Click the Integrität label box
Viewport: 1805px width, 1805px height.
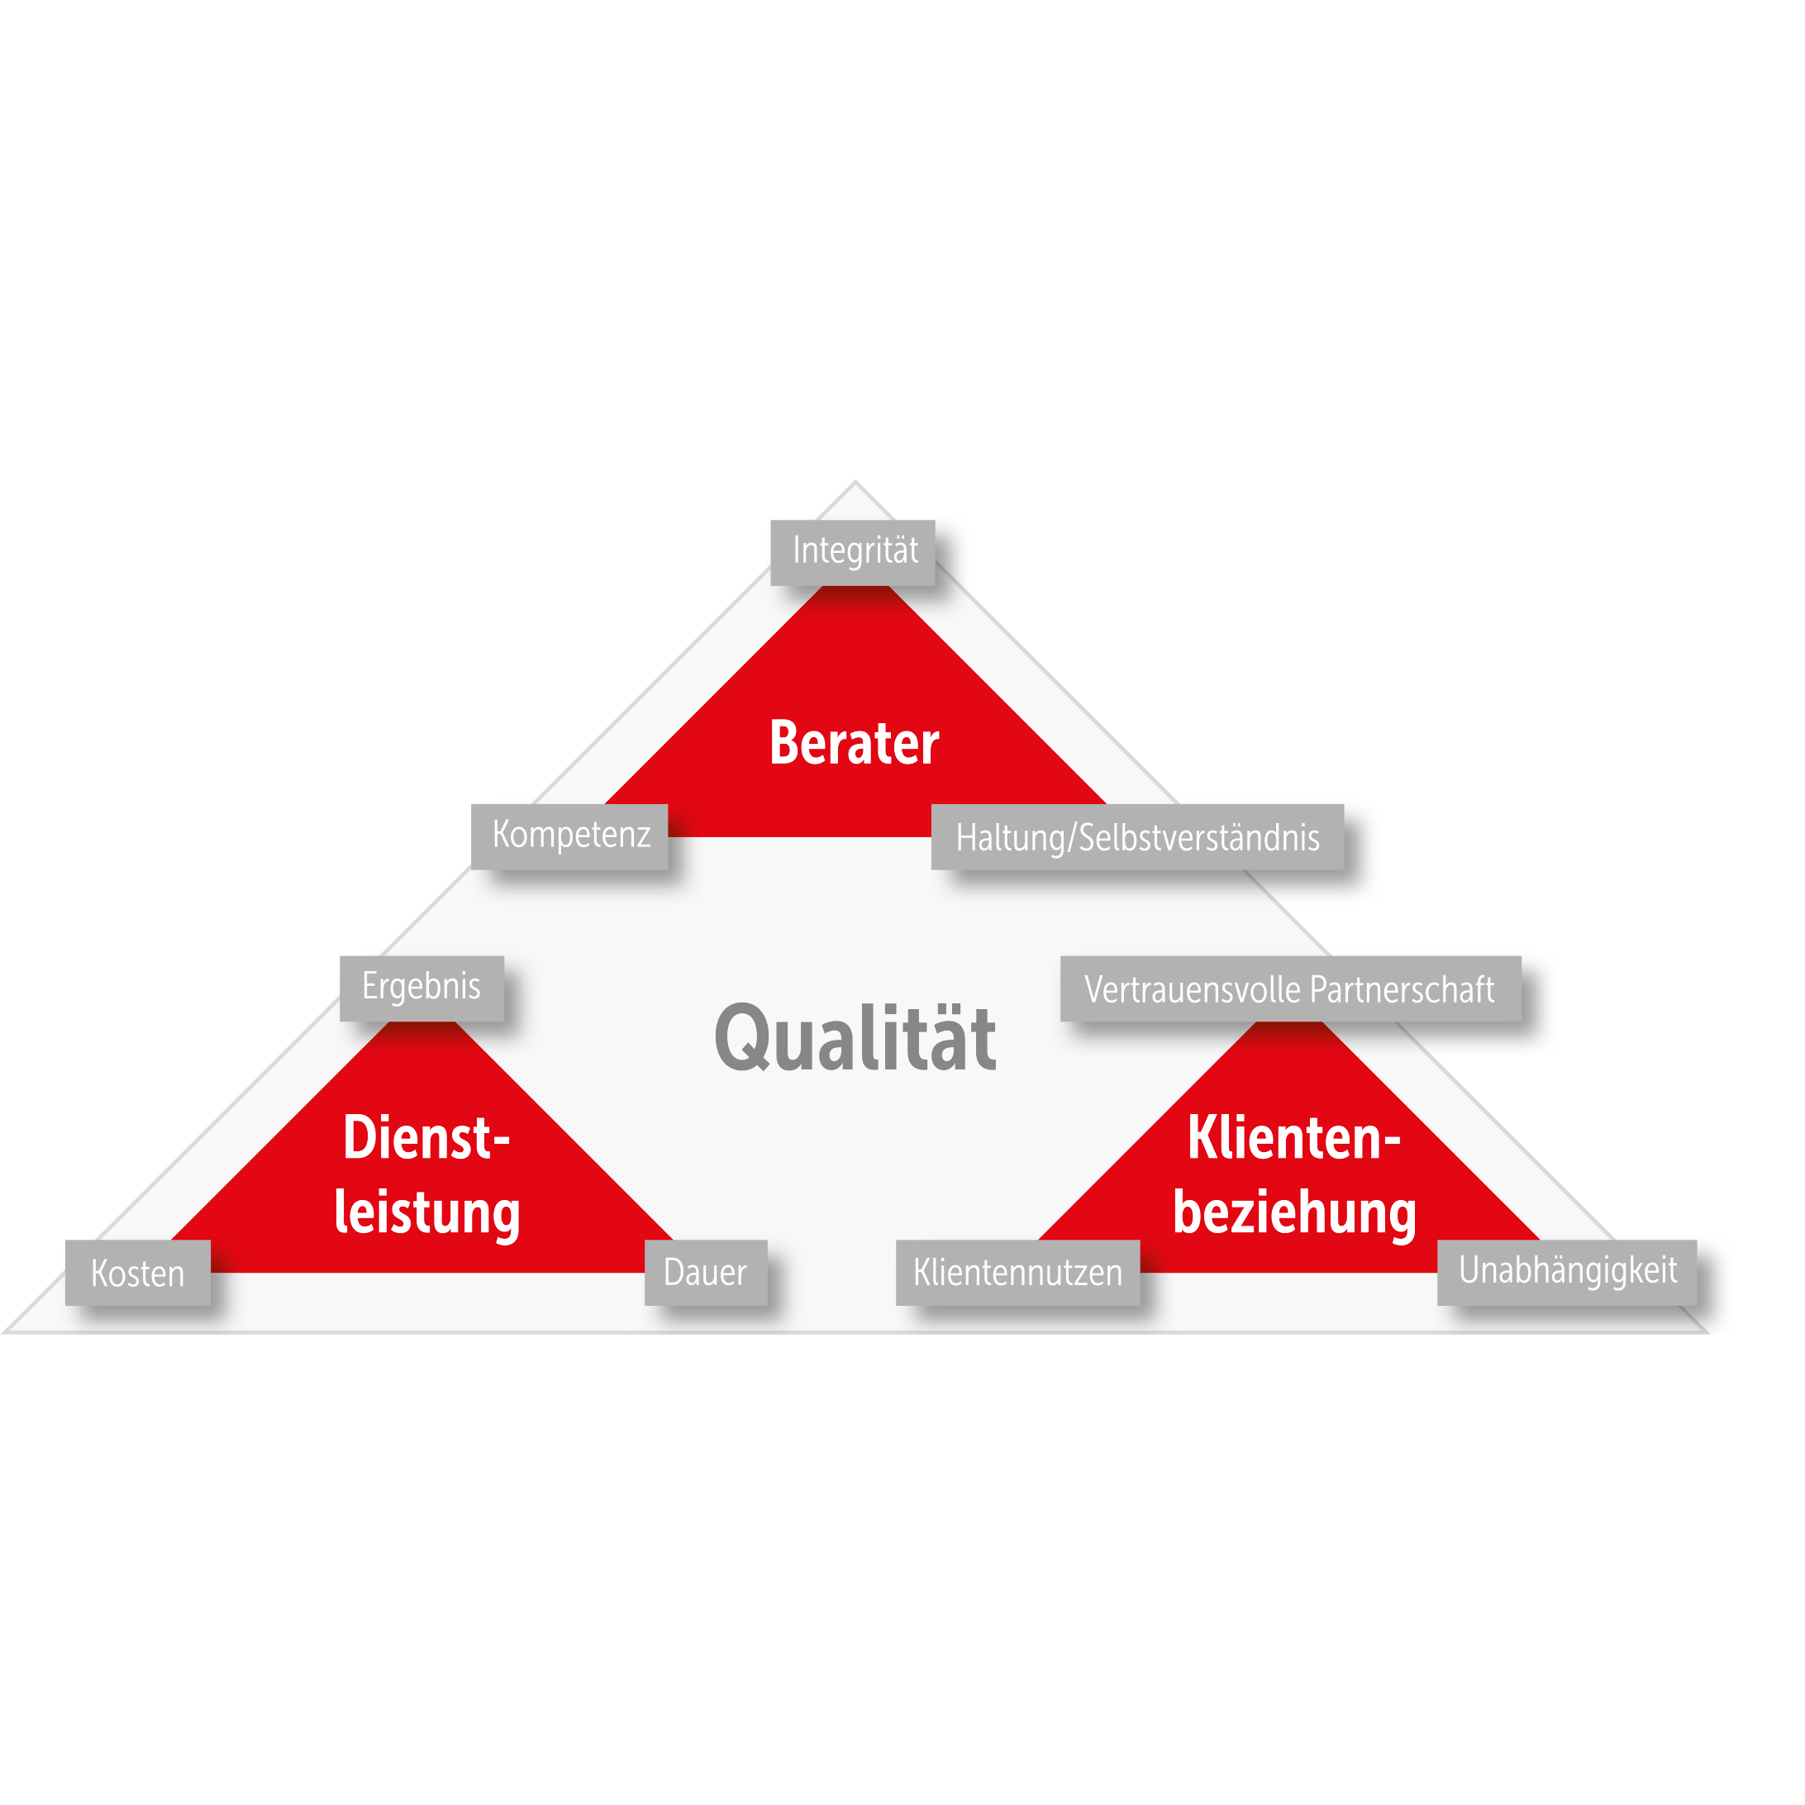tap(852, 552)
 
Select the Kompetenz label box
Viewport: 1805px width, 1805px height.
tap(569, 836)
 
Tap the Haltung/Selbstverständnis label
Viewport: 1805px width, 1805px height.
tap(1137, 836)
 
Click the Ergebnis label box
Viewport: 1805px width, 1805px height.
tap(421, 988)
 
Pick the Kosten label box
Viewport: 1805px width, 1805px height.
tap(137, 1272)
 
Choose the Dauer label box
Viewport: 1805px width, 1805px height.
tap(705, 1272)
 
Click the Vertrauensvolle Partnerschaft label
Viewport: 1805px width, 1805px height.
tap(1290, 988)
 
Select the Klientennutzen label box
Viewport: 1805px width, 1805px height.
tap(1017, 1272)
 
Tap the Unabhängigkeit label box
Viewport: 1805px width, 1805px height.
tap(1567, 1272)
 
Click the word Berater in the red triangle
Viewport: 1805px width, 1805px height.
tap(854, 744)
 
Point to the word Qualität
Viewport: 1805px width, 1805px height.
tap(855, 1037)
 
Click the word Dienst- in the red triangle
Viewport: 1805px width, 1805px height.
tap(426, 1137)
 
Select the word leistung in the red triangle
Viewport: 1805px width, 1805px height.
tap(427, 1213)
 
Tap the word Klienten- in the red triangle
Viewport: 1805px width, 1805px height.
tap(1294, 1137)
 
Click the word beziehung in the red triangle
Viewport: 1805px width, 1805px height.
tap(1294, 1213)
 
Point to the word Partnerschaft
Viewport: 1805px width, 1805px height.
tap(1402, 989)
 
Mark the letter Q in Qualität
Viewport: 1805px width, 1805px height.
tap(742, 1039)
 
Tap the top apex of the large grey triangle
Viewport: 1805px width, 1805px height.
tap(855, 481)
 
